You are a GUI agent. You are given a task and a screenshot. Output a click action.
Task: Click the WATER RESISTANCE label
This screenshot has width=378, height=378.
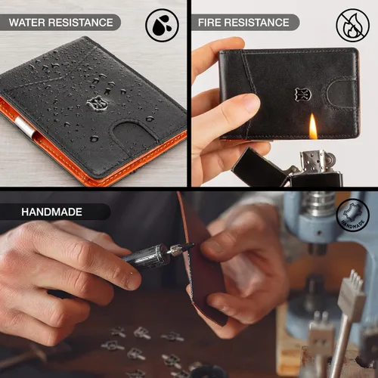60,23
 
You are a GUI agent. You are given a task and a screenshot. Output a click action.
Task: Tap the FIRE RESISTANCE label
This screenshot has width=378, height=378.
243,23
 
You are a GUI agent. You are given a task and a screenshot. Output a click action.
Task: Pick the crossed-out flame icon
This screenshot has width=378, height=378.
353,24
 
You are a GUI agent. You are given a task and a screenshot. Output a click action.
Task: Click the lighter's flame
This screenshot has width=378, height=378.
313,127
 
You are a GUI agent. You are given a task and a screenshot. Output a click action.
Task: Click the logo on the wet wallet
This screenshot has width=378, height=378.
98,103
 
